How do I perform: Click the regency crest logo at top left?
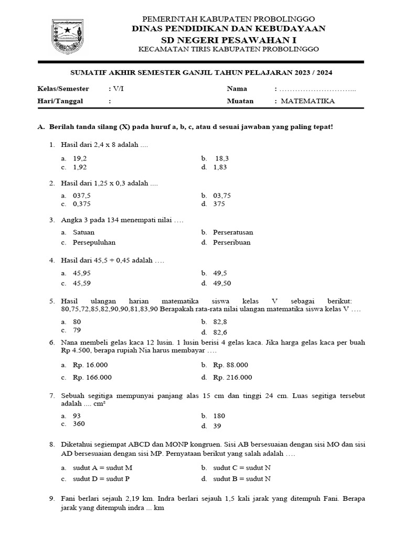[x=68, y=37]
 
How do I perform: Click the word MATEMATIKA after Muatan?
[x=308, y=101]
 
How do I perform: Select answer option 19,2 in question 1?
[x=80, y=158]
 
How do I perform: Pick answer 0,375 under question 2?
[x=82, y=204]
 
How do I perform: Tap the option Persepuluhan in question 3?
[x=94, y=242]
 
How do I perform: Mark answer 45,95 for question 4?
[x=82, y=273]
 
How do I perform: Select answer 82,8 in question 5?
[x=220, y=321]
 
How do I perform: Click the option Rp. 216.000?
[x=232, y=377]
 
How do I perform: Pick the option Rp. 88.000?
[x=231, y=365]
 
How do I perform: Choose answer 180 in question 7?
[x=219, y=415]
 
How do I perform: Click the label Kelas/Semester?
[x=63, y=89]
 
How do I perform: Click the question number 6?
[x=52, y=342]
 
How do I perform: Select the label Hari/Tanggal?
[x=61, y=101]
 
